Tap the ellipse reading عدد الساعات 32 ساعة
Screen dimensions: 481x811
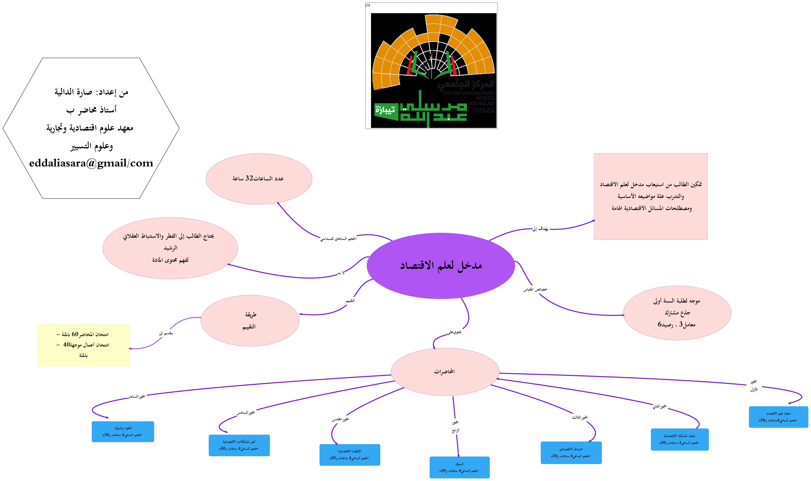click(x=259, y=179)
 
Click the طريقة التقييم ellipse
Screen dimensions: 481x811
click(x=250, y=321)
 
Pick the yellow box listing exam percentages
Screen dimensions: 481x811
click(x=83, y=345)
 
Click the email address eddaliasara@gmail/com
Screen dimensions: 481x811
click(x=91, y=163)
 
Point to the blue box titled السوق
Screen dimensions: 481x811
click(x=459, y=467)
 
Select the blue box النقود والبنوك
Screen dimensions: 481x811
click(x=123, y=431)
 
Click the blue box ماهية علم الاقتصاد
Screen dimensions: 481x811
click(x=778, y=417)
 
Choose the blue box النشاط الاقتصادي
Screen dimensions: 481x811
click(x=571, y=452)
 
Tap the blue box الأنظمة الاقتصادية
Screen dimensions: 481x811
click(x=350, y=454)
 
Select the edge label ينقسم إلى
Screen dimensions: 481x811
click(x=166, y=333)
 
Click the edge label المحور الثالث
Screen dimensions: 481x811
click(x=580, y=417)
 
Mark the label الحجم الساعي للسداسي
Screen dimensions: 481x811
click(x=338, y=239)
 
